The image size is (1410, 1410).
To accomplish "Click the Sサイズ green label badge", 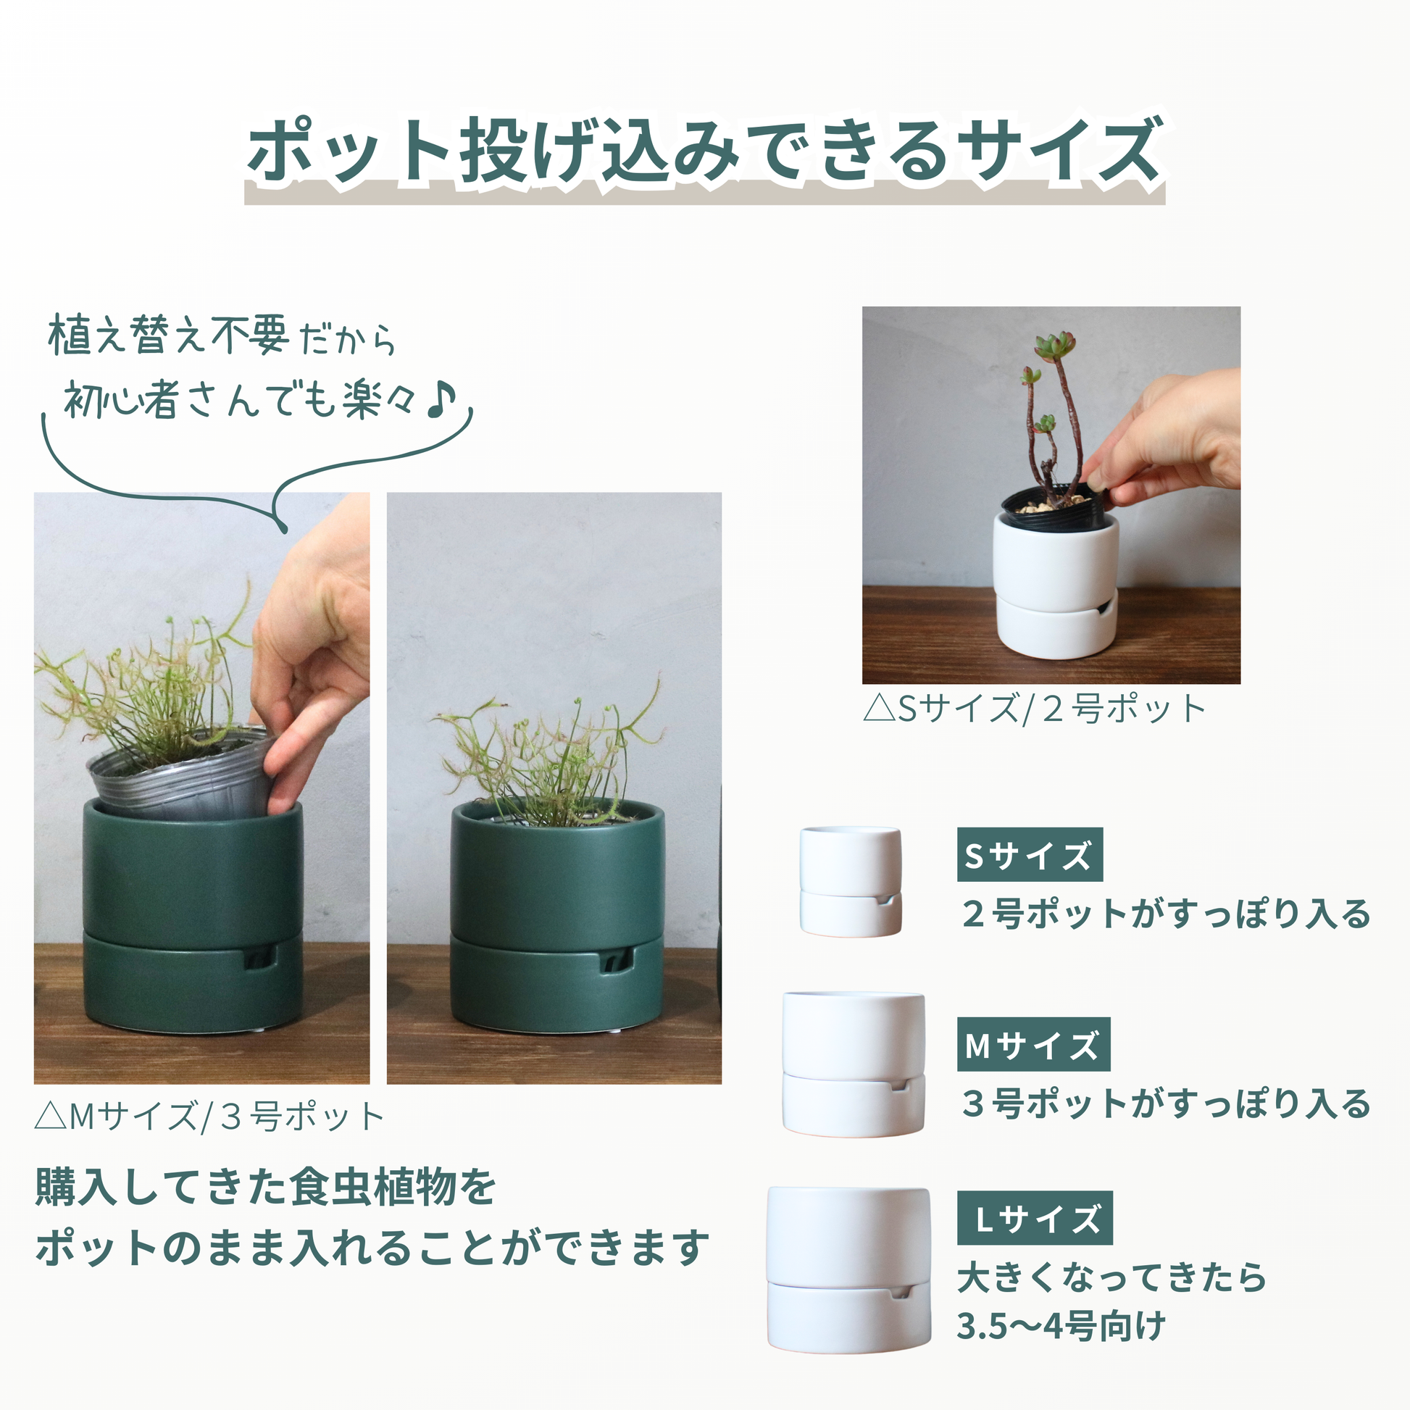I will (x=1029, y=854).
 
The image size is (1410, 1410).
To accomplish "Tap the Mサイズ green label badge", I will (x=1033, y=1044).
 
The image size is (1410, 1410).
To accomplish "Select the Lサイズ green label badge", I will (x=1034, y=1218).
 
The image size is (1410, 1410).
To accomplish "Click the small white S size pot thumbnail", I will (x=850, y=881).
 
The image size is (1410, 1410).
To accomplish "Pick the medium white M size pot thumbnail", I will (x=853, y=1063).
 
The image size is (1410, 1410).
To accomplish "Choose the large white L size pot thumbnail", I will (x=848, y=1269).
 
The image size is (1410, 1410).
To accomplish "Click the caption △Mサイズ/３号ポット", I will (x=209, y=1117).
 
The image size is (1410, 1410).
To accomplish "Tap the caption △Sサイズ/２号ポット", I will (x=1033, y=709).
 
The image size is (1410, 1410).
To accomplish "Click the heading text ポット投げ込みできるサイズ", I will (x=704, y=152).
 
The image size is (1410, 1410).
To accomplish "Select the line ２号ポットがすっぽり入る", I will (x=1166, y=914).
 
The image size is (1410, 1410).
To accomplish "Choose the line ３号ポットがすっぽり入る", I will (x=1166, y=1103).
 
